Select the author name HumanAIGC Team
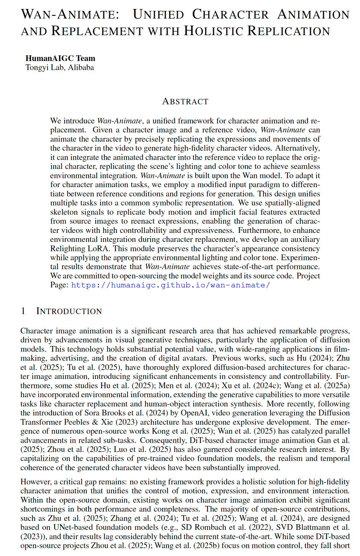tap(60, 58)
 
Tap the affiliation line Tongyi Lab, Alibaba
tap(60, 68)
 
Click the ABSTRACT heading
tap(185, 101)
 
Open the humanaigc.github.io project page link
tap(170, 285)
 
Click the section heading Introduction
tap(69, 311)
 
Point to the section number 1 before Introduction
tap(23, 311)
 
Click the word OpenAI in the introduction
tap(194, 413)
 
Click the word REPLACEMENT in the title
tap(97, 31)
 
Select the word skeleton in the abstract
tap(63, 212)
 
